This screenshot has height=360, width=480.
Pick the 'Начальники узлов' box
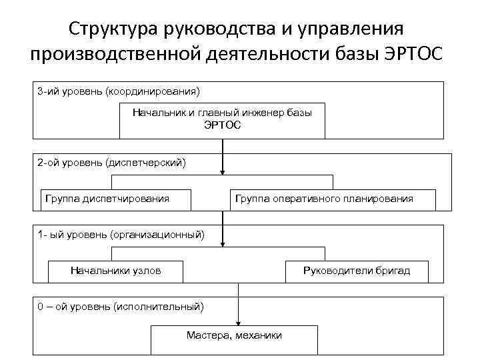click(x=115, y=271)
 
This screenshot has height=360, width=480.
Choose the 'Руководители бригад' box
click(x=356, y=271)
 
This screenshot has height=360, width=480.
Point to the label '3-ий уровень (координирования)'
click(x=119, y=90)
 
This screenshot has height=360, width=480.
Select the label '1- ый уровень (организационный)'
click(x=121, y=234)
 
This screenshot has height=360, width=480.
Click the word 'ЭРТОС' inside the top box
click(x=222, y=125)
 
